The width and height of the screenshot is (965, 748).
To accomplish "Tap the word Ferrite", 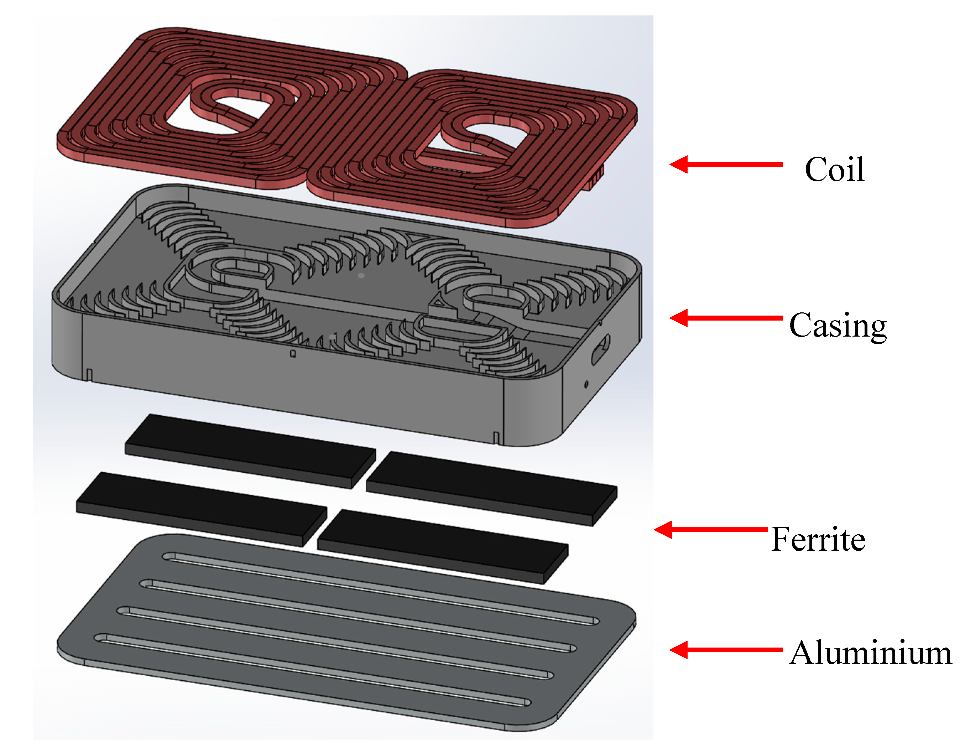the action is (x=818, y=539).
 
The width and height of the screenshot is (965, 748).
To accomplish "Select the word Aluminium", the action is (x=870, y=653).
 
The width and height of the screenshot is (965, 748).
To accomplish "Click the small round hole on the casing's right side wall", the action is (x=586, y=384).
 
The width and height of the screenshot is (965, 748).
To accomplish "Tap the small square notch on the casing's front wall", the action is (x=292, y=354).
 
